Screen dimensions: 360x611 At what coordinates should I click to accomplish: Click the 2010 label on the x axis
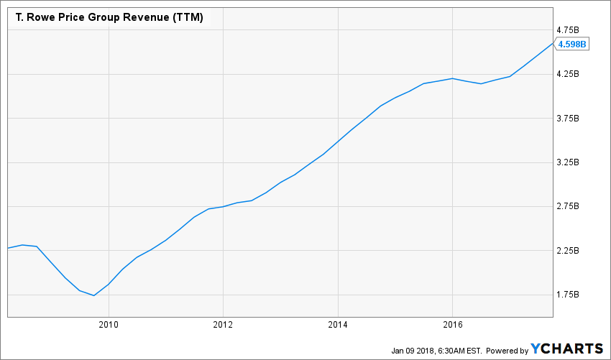(109, 325)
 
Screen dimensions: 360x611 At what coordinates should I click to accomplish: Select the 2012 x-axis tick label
(224, 325)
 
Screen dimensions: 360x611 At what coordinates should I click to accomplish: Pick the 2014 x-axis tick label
(339, 325)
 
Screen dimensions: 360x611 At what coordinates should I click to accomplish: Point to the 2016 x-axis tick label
(453, 325)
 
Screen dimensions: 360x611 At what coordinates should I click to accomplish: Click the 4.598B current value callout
(573, 44)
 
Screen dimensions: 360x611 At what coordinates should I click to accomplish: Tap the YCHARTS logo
(567, 349)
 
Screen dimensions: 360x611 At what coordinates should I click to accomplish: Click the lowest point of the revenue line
(94, 295)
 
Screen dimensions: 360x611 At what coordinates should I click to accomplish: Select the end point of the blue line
(553, 43)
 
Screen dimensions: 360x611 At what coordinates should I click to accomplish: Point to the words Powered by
(507, 350)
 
